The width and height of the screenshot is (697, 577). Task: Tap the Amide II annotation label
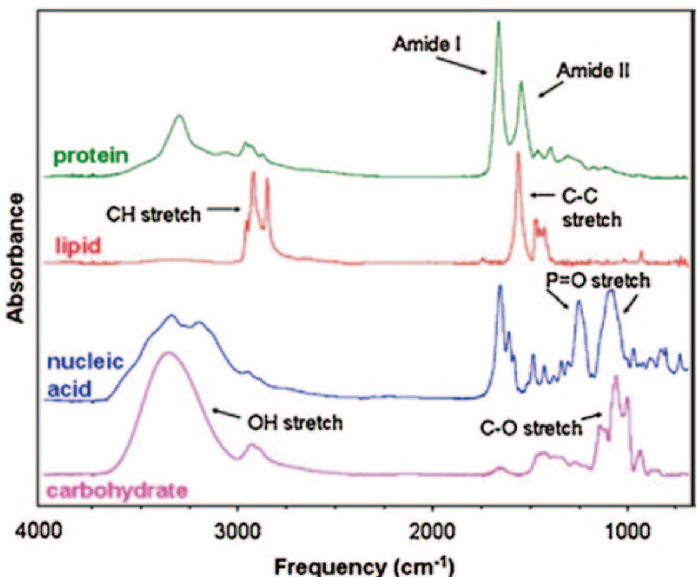click(x=593, y=71)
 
